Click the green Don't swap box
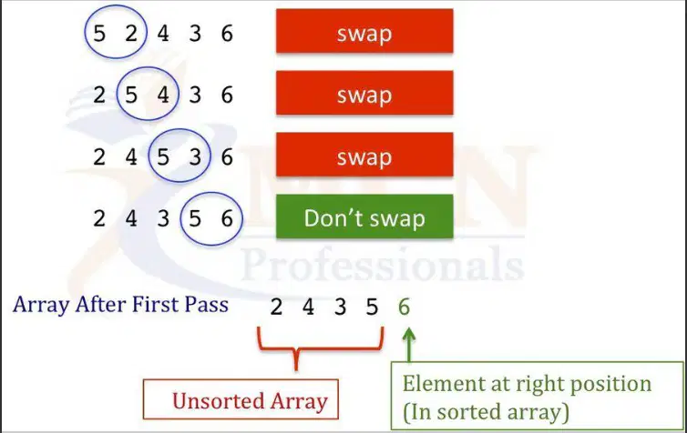click(x=364, y=216)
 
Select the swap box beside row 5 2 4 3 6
click(x=364, y=31)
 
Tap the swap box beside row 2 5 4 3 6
click(x=364, y=93)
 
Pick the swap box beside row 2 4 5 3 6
click(x=364, y=155)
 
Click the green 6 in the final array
click(x=404, y=307)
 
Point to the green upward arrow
click(x=409, y=346)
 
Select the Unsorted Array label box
click(x=241, y=399)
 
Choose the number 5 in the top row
click(x=99, y=34)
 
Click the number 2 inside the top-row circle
click(x=131, y=34)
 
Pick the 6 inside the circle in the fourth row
click(x=227, y=218)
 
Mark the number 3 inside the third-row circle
click(x=195, y=156)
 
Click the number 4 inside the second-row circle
click(x=163, y=95)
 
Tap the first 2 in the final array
click(x=276, y=307)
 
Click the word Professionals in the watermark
click(x=383, y=264)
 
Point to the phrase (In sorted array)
click(x=486, y=412)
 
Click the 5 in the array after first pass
click(x=372, y=307)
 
